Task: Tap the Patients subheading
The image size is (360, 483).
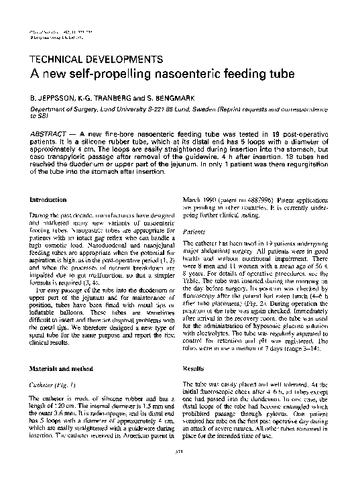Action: (194, 230)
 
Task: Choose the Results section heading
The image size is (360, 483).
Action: (194, 369)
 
